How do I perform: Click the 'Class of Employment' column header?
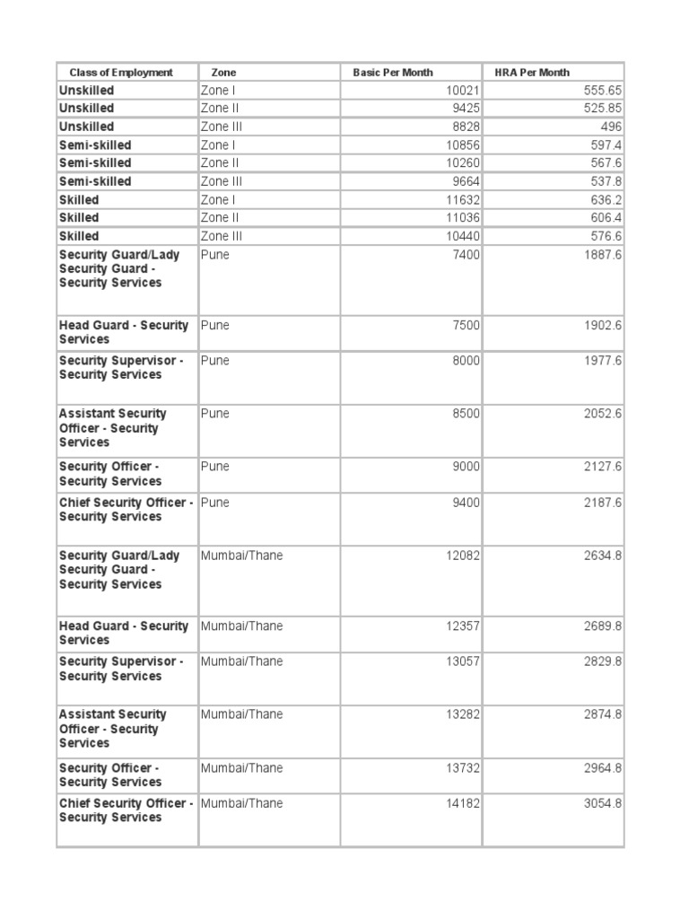(x=121, y=73)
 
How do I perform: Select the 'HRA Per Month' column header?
(x=532, y=73)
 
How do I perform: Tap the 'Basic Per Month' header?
(x=393, y=73)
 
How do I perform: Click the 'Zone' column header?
(x=224, y=73)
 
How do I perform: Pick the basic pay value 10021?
(x=463, y=91)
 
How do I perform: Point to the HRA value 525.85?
(x=602, y=109)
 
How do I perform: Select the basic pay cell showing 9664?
(x=466, y=181)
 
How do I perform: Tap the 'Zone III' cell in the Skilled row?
(x=221, y=236)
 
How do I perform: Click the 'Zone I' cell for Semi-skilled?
(x=218, y=145)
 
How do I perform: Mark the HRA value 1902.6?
(x=602, y=326)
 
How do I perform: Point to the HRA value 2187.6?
(x=602, y=503)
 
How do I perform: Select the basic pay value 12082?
(x=463, y=556)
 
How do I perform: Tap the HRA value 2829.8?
(x=602, y=661)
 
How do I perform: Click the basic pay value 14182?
(x=463, y=803)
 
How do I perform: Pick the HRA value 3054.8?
(x=602, y=803)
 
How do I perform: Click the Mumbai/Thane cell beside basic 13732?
(x=241, y=768)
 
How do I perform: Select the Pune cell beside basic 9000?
(x=215, y=467)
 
